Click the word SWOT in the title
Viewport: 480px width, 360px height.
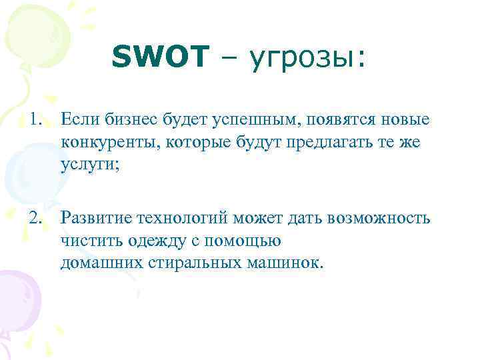[161, 57]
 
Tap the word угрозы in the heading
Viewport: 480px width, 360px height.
[303, 59]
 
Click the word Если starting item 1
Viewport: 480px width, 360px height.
[75, 120]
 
